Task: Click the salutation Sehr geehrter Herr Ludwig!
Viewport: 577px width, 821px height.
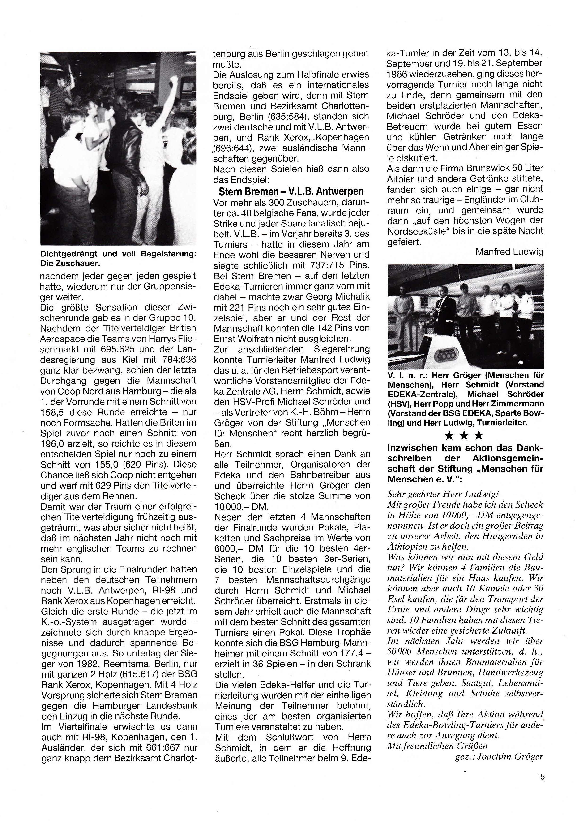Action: (x=443, y=494)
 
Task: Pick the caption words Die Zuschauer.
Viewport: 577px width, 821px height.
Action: (x=70, y=264)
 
